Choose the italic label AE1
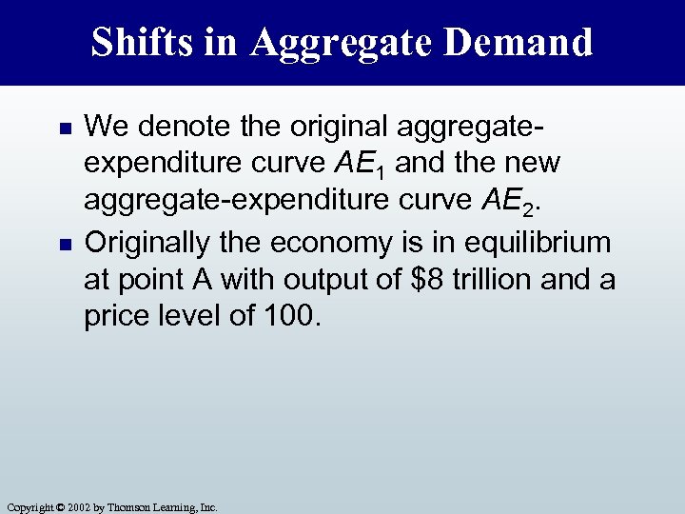[355, 166]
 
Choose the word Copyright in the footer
[25, 507]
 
